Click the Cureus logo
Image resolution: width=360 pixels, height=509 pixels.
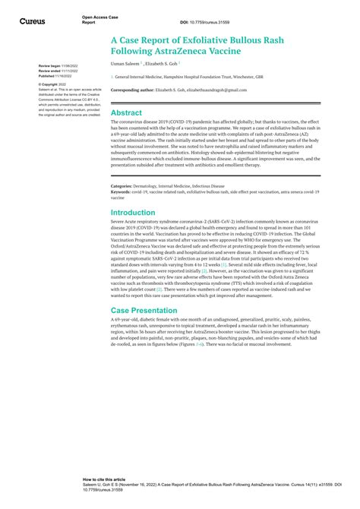pyautogui.click(x=31, y=21)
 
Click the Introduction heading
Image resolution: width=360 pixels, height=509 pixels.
pyautogui.click(x=133, y=213)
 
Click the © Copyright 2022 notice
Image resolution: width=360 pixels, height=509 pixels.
pyautogui.click(x=53, y=84)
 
